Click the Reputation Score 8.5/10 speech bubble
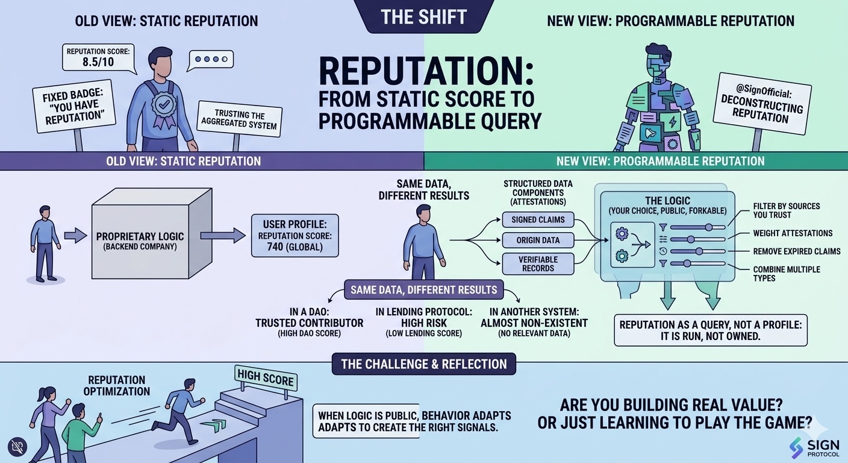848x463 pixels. tap(98, 57)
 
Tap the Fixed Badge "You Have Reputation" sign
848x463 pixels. tap(73, 106)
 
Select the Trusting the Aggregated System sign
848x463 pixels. tap(240, 119)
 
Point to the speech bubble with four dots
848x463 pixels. tap(210, 60)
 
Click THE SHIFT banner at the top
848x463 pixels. tap(423, 16)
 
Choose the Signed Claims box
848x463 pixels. tap(538, 220)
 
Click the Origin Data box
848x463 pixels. tap(538, 240)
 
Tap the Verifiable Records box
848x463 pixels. tap(538, 263)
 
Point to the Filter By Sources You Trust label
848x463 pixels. tap(786, 210)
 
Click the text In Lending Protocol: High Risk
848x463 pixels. tap(423, 317)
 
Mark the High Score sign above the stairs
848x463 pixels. tap(266, 378)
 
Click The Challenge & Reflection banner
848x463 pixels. tap(423, 364)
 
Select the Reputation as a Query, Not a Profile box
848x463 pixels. tap(710, 330)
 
